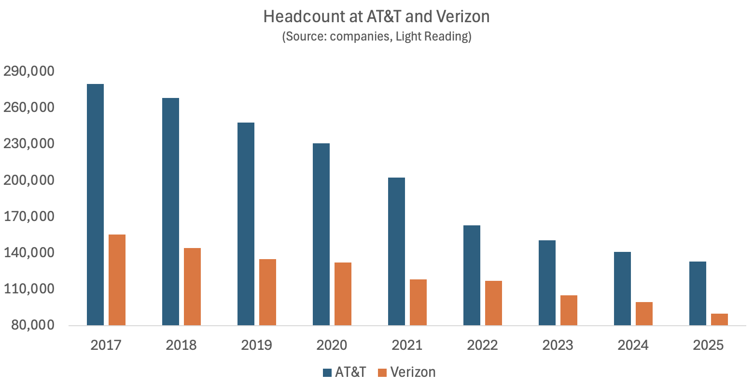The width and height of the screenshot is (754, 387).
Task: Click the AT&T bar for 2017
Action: click(95, 205)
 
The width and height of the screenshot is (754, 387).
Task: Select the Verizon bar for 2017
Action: click(117, 280)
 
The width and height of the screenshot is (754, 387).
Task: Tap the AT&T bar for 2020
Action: click(321, 234)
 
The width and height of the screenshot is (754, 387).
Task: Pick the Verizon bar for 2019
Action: click(267, 292)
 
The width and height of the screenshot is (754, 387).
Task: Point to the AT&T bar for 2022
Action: click(472, 275)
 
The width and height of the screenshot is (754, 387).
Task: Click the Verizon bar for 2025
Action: click(719, 319)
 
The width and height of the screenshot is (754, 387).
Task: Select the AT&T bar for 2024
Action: click(622, 289)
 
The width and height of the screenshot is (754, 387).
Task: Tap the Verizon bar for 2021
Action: click(418, 302)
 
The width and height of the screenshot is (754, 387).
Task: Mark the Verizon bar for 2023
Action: click(569, 310)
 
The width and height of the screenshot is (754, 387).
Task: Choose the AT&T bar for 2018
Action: click(170, 211)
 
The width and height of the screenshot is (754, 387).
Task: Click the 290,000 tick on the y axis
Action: click(29, 71)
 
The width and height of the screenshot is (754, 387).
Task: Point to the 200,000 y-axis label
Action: click(29, 180)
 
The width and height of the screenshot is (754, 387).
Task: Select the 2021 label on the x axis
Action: click(407, 346)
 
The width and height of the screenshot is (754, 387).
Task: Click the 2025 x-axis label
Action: click(708, 346)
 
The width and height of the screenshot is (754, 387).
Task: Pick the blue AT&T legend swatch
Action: click(327, 373)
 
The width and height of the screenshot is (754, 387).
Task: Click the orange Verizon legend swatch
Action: click(382, 373)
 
